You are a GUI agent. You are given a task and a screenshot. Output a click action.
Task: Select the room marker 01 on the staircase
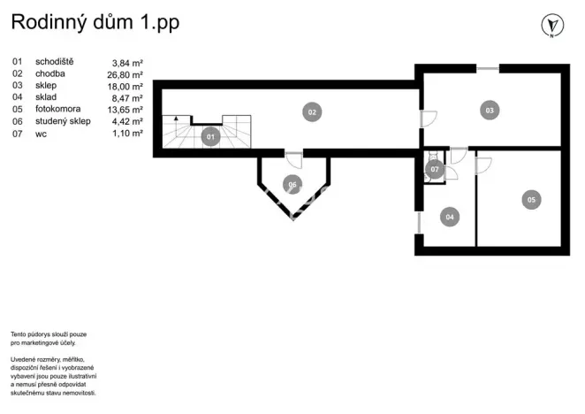(x=210, y=137)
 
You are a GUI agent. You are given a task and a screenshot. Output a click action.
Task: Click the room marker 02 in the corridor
(x=311, y=111)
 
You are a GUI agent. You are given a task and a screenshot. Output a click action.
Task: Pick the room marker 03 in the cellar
(x=489, y=110)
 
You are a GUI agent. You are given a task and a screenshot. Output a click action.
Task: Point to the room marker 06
(x=292, y=184)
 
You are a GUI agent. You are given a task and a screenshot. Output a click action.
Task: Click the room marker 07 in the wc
(x=434, y=168)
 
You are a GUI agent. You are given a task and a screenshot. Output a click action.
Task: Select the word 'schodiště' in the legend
(x=55, y=62)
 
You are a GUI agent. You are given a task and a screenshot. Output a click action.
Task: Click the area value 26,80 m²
(x=125, y=74)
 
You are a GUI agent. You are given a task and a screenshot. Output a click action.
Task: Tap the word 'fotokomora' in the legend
(x=57, y=110)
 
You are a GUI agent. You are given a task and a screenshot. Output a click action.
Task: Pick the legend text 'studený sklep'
(x=63, y=121)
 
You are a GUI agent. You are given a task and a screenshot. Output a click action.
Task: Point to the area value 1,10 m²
(x=126, y=134)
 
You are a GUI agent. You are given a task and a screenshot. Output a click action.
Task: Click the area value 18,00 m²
(x=125, y=86)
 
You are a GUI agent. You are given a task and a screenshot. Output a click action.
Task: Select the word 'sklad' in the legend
(x=46, y=98)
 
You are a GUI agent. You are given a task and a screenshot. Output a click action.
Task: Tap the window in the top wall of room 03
(x=487, y=69)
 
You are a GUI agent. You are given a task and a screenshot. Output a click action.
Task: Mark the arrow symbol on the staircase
(x=176, y=119)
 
